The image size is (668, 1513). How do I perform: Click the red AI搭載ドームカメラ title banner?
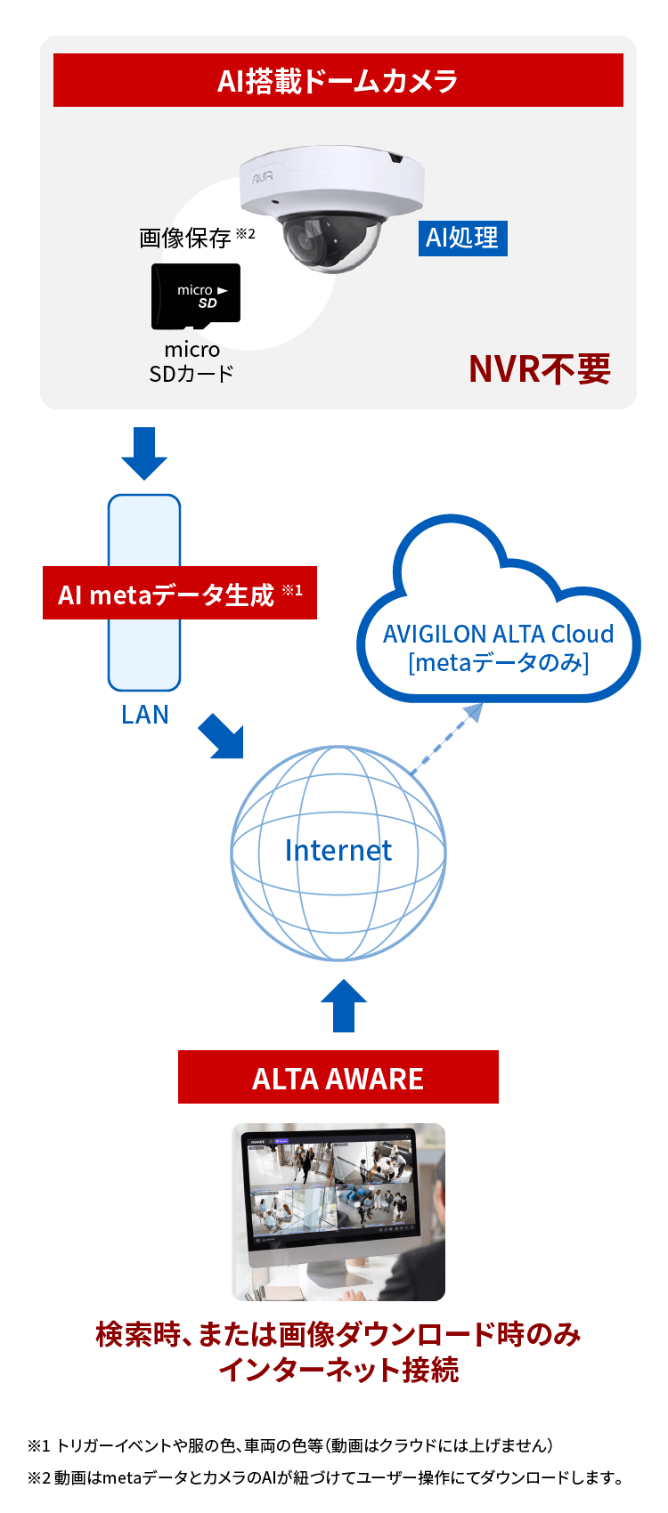(x=338, y=80)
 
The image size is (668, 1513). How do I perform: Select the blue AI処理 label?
(x=462, y=239)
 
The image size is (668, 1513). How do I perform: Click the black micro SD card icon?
(x=196, y=295)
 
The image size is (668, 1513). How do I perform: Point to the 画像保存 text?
(x=185, y=238)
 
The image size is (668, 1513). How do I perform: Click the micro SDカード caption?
(x=191, y=361)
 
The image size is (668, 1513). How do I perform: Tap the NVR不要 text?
(x=540, y=368)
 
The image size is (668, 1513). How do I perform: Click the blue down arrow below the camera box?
(x=144, y=452)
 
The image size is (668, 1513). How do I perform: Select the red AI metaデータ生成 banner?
(x=179, y=594)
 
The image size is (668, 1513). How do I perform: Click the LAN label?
(x=144, y=715)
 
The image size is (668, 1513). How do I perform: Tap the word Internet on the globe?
(x=338, y=851)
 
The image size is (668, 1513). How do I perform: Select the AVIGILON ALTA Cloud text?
(x=498, y=634)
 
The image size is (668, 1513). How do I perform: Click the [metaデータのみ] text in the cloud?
(x=498, y=663)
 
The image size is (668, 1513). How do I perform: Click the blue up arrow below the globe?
(x=343, y=1006)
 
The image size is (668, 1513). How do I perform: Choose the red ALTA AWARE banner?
(x=338, y=1077)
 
